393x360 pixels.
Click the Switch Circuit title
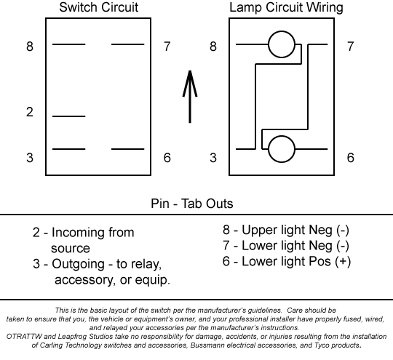tap(98, 7)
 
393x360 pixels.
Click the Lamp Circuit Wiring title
tap(286, 7)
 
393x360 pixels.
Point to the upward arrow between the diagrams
tap(190, 97)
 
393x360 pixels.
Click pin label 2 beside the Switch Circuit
tap(30, 112)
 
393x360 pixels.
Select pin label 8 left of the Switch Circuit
tap(30, 47)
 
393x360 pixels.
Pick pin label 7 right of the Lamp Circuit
tap(350, 47)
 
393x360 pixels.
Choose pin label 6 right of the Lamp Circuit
tap(350, 158)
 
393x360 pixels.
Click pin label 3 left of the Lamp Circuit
tap(213, 158)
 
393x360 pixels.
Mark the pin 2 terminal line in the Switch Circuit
tap(69, 116)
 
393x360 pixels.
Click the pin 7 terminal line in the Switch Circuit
tap(128, 44)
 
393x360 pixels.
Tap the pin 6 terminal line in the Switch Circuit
tap(128, 149)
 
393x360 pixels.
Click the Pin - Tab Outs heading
tap(192, 204)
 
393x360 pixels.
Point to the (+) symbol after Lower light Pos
tap(343, 262)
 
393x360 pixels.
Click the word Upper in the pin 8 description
tap(258, 231)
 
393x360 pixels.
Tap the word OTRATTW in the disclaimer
tap(24, 337)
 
